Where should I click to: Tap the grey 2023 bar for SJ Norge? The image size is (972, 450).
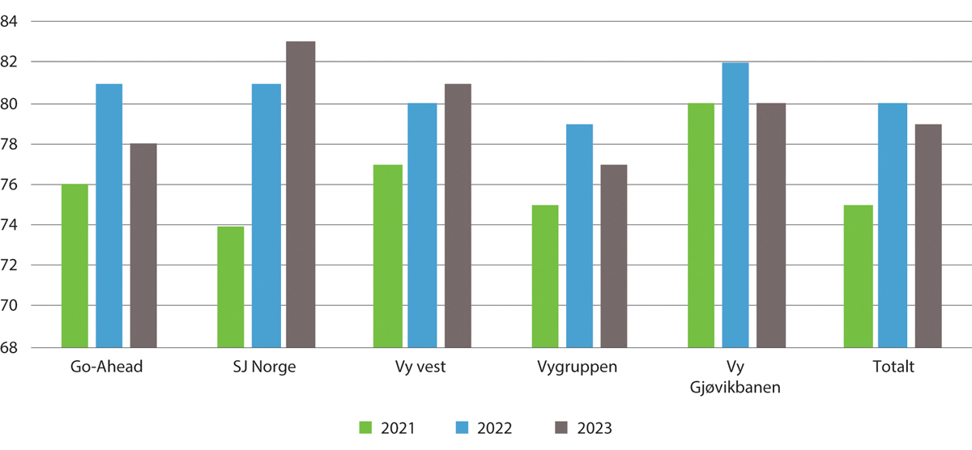pyautogui.click(x=301, y=194)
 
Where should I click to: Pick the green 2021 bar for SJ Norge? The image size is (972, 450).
pyautogui.click(x=231, y=287)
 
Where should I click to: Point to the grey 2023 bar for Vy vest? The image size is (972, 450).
pyautogui.click(x=458, y=215)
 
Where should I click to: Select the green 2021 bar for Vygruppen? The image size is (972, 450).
pyautogui.click(x=545, y=276)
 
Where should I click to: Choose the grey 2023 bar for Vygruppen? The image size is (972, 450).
pyautogui.click(x=613, y=256)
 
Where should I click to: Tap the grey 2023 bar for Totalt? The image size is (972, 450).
pyautogui.click(x=928, y=236)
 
